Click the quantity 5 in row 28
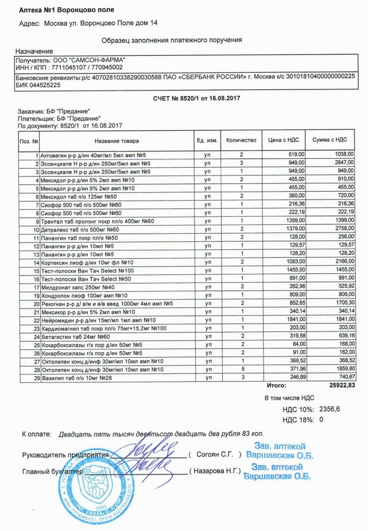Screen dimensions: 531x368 (x=242, y=370)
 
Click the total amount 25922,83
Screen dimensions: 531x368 (x=338, y=386)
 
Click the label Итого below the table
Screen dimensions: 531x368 (x=275, y=386)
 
